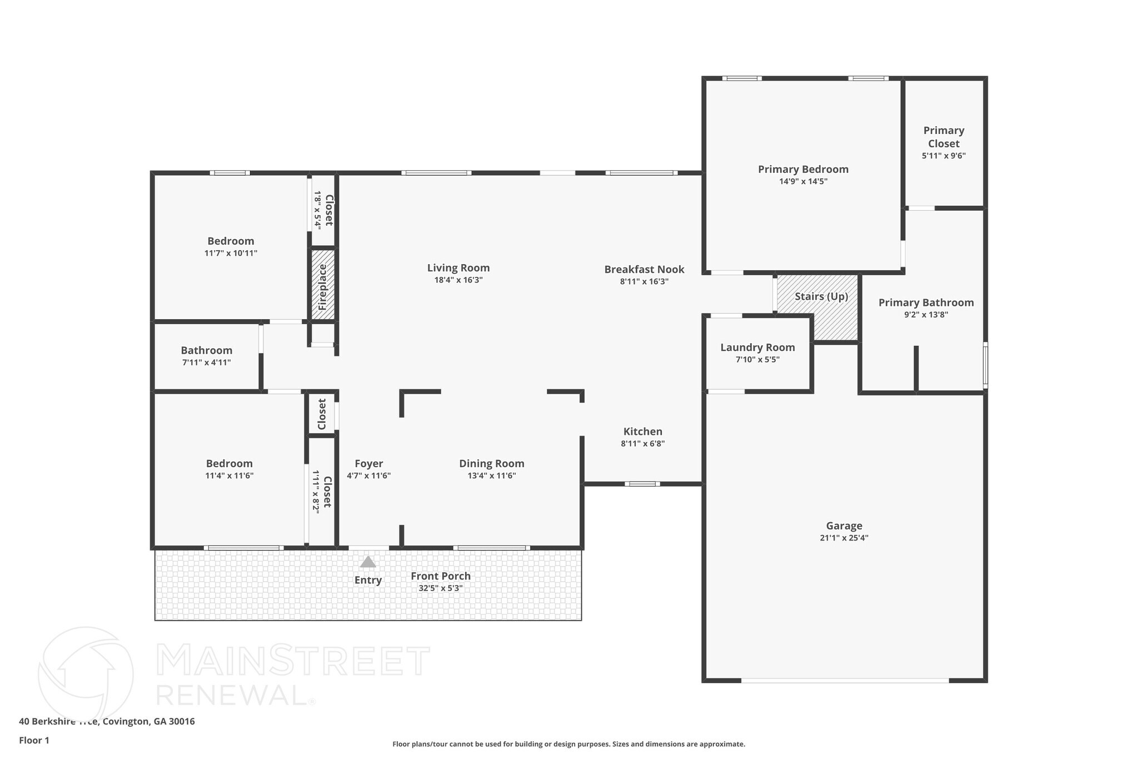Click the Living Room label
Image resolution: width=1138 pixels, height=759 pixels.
pyautogui.click(x=458, y=268)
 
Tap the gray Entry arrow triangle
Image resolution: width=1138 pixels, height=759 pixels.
pyautogui.click(x=368, y=562)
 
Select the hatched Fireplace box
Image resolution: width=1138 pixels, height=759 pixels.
pyautogui.click(x=322, y=285)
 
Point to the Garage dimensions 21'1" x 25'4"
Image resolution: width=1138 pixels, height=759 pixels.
pyautogui.click(x=843, y=538)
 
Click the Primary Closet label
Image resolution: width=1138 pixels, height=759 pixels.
pyautogui.click(x=944, y=137)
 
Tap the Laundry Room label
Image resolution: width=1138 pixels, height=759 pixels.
pyautogui.click(x=757, y=348)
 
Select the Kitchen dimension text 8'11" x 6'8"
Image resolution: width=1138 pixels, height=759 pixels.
pyautogui.click(x=642, y=444)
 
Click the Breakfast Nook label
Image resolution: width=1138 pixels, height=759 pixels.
pyautogui.click(x=644, y=270)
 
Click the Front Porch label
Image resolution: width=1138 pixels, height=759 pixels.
pyautogui.click(x=440, y=576)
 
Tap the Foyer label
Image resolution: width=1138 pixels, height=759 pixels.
pyautogui.click(x=369, y=464)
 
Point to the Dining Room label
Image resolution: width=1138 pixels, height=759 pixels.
pyautogui.click(x=491, y=464)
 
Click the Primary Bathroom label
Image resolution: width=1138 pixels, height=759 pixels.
pyautogui.click(x=926, y=302)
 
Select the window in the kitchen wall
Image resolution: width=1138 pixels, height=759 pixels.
pyautogui.click(x=642, y=484)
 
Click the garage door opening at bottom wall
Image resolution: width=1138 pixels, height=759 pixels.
pyautogui.click(x=845, y=680)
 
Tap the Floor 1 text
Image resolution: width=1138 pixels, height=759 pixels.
pyautogui.click(x=34, y=740)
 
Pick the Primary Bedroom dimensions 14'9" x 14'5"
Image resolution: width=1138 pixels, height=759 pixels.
pyautogui.click(x=803, y=181)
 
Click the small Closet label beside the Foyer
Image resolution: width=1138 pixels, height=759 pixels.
pyautogui.click(x=322, y=414)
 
